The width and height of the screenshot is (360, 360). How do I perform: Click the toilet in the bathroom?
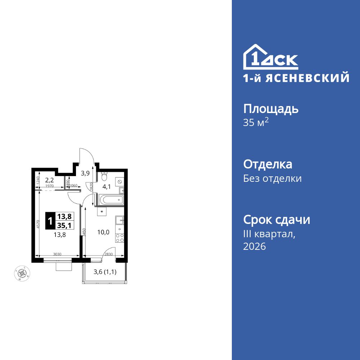(104, 177)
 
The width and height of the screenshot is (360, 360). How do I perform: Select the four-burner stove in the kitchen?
(120, 238)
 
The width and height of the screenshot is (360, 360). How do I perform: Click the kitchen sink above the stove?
(120, 219)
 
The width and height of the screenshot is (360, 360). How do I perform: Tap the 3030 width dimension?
(57, 255)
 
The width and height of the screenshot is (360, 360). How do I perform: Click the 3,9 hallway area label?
(85, 173)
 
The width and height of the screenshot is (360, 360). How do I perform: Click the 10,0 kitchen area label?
(103, 232)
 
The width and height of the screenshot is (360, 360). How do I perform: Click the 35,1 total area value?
(64, 225)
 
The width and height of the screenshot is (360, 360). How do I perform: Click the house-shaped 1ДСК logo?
(270, 57)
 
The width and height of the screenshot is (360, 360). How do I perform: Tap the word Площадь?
(271, 109)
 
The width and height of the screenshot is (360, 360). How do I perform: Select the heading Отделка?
(267, 165)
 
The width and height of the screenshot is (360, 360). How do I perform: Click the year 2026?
(255, 247)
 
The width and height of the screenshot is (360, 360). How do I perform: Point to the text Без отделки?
(272, 179)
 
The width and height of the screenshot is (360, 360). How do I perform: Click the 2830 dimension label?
(108, 255)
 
